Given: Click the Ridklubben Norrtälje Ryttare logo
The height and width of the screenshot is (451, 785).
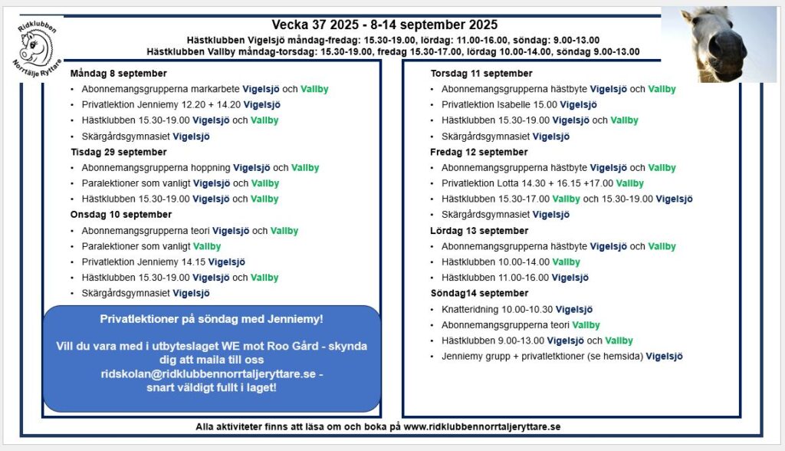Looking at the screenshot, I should coord(39,44).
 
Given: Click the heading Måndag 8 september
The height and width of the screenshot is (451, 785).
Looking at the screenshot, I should coord(118,74).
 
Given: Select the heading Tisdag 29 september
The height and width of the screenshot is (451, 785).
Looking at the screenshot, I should coord(118,152).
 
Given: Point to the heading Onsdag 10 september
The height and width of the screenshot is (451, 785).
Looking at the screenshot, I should coord(121,215).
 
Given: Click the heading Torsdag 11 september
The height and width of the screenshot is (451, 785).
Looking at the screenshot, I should coord(481,74).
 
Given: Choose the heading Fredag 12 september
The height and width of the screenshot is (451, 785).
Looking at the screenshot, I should coord(478,152).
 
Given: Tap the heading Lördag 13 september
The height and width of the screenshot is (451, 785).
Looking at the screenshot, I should coord(479,231).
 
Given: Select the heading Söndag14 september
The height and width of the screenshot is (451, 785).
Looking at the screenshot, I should coord(478,293).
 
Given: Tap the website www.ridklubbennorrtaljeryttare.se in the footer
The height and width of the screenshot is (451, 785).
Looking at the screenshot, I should coord(482,426).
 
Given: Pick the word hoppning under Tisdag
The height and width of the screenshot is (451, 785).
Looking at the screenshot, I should coord(208,168).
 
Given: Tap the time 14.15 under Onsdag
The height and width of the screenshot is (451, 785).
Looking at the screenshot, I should coord(192,262).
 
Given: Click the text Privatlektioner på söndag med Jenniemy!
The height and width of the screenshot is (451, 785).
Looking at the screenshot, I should coord(212,318).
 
